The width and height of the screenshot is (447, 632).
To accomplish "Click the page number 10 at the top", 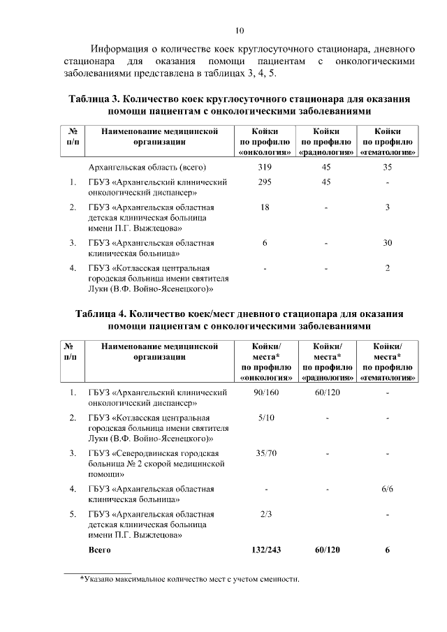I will (240, 30).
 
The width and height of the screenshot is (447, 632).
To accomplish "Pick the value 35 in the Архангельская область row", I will (388, 167).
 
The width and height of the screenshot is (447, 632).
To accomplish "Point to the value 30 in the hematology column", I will (388, 242).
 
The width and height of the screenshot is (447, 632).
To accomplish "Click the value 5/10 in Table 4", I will (266, 418).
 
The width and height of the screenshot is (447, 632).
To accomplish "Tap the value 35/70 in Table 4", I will (266, 453).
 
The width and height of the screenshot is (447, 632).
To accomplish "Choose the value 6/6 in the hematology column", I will (388, 489).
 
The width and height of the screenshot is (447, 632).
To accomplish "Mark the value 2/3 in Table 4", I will (266, 514).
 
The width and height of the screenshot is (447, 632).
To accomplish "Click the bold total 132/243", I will (266, 550).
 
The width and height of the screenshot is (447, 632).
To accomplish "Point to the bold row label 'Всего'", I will (100, 550).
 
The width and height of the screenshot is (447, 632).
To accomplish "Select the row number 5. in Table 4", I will (73, 514).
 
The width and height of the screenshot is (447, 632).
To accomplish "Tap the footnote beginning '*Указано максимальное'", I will (189, 579).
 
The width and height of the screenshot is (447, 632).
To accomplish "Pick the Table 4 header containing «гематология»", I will (388, 361).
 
